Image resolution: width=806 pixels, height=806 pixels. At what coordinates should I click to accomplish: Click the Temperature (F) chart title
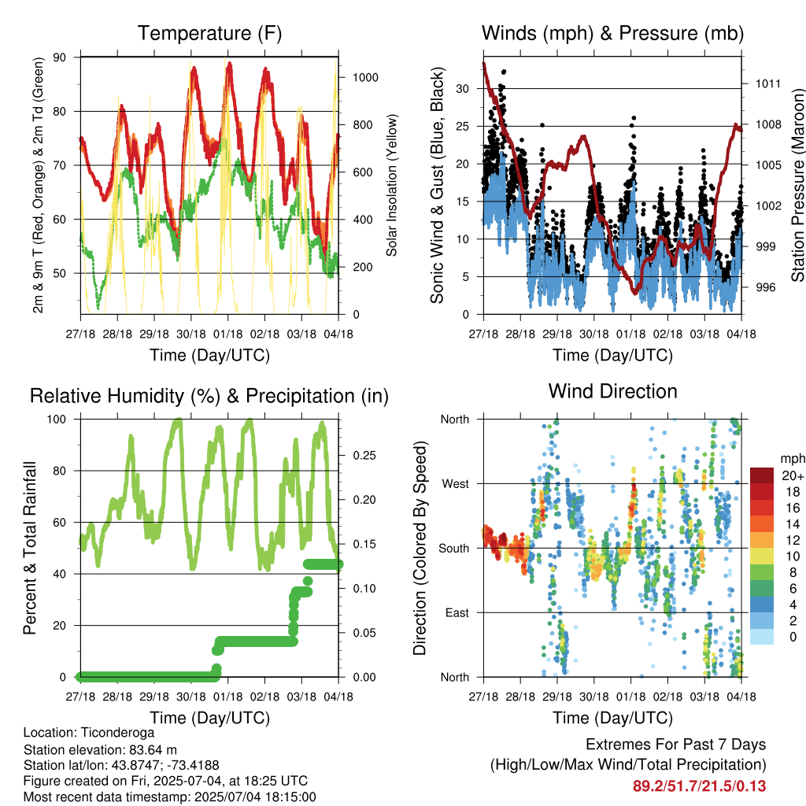click(x=209, y=33)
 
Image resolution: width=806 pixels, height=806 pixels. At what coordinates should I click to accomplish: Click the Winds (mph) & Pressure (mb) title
click(x=612, y=33)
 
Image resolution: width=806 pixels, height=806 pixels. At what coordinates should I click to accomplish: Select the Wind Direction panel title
click(x=612, y=391)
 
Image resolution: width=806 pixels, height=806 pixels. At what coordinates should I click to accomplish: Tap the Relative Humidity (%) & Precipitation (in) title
click(x=209, y=397)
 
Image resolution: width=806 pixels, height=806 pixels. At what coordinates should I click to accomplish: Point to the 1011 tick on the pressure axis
click(x=768, y=83)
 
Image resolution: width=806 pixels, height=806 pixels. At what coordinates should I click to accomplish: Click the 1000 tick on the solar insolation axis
click(x=365, y=78)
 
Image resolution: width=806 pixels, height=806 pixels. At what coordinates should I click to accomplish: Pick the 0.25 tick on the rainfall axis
click(x=364, y=456)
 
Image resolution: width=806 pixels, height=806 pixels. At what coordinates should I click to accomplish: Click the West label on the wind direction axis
click(x=456, y=484)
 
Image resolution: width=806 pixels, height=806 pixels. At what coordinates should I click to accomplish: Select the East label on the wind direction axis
click(x=457, y=612)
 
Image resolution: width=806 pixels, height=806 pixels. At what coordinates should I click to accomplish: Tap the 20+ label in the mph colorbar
click(x=793, y=475)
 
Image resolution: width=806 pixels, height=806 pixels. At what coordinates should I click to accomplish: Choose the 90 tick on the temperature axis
click(x=60, y=57)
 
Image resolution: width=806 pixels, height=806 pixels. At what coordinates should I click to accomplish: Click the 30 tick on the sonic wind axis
click(x=463, y=89)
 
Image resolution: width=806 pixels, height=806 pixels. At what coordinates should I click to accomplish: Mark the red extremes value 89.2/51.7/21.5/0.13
click(x=699, y=786)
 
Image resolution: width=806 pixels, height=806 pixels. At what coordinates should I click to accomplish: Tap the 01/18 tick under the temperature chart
click(x=227, y=334)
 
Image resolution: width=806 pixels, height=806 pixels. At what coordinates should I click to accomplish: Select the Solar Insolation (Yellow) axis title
click(x=392, y=185)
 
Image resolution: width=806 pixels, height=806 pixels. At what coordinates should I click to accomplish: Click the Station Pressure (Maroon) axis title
click(x=797, y=185)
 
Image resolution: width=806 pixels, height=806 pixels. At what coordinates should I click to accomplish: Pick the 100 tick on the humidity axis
click(x=57, y=420)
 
